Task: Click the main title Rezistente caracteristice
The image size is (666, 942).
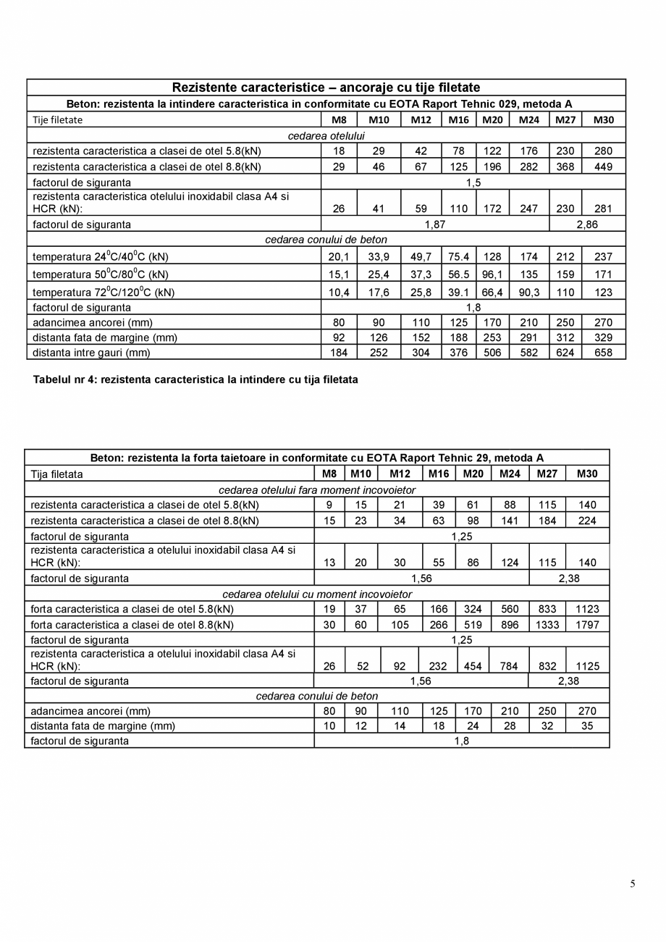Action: coord(326,88)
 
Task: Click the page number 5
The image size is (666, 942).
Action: coord(633,883)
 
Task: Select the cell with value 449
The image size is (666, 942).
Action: coord(603,167)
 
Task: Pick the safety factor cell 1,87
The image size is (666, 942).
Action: coord(434,224)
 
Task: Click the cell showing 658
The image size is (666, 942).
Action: coord(603,353)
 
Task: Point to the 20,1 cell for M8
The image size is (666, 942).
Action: coord(339,256)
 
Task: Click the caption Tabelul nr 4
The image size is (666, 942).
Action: coord(195,379)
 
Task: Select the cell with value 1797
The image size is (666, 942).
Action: coord(587,625)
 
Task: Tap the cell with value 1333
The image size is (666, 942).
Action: coord(547,625)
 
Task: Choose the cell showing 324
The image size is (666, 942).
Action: coord(473,609)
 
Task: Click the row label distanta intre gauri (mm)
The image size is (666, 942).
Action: coord(91,353)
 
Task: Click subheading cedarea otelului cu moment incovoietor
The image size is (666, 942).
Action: coord(317,594)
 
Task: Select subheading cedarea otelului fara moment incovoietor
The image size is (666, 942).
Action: coord(317,490)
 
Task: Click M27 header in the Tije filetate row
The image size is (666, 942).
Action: coord(565,119)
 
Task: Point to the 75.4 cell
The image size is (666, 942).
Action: coord(458,256)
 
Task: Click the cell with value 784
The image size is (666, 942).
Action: coord(510,666)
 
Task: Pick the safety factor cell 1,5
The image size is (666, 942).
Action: coord(473,182)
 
